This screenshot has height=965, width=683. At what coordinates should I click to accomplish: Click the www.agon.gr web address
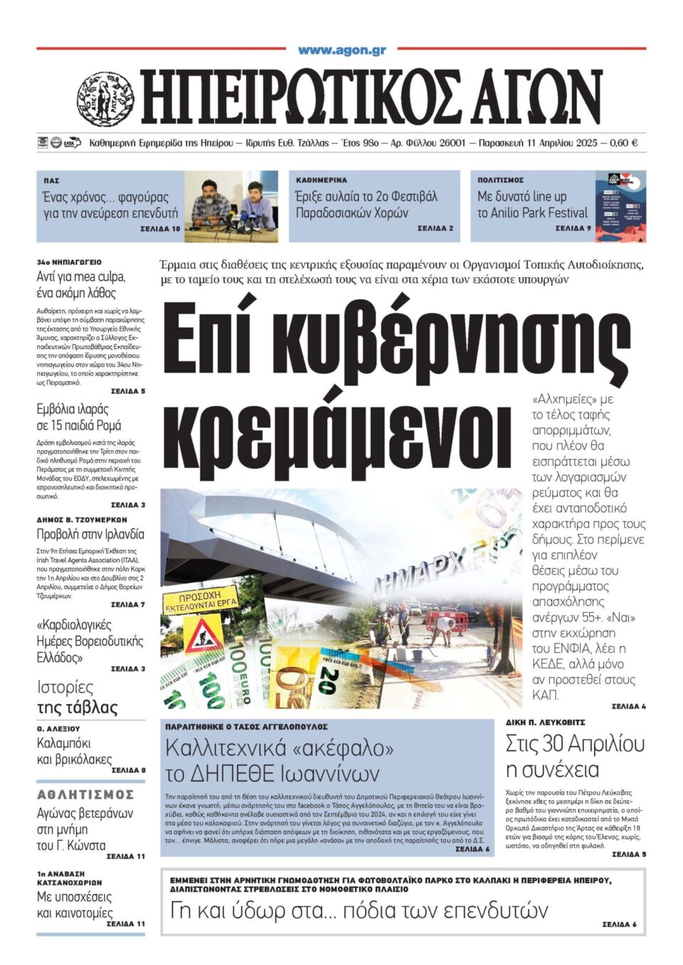[341, 50]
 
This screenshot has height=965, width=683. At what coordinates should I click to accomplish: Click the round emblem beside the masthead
[105, 99]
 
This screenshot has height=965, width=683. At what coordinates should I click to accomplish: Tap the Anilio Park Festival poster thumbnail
[620, 206]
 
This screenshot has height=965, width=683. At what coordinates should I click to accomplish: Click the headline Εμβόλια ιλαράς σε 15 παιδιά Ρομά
[79, 417]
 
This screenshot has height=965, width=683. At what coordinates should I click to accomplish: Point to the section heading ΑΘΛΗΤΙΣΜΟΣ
[85, 794]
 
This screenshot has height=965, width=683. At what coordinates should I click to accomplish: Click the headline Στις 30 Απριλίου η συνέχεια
[575, 757]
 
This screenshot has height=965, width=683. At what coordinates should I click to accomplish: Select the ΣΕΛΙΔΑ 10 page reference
[160, 229]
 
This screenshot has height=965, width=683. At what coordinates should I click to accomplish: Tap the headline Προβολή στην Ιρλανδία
[90, 534]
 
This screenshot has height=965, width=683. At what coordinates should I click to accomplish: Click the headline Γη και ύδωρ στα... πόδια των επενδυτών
[359, 910]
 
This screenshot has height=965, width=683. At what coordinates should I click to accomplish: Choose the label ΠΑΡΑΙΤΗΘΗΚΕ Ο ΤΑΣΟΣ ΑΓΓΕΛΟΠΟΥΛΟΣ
[246, 727]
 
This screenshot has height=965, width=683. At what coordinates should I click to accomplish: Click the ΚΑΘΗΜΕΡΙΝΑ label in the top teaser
[322, 181]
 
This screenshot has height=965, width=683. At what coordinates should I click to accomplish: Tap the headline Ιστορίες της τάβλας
[77, 698]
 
